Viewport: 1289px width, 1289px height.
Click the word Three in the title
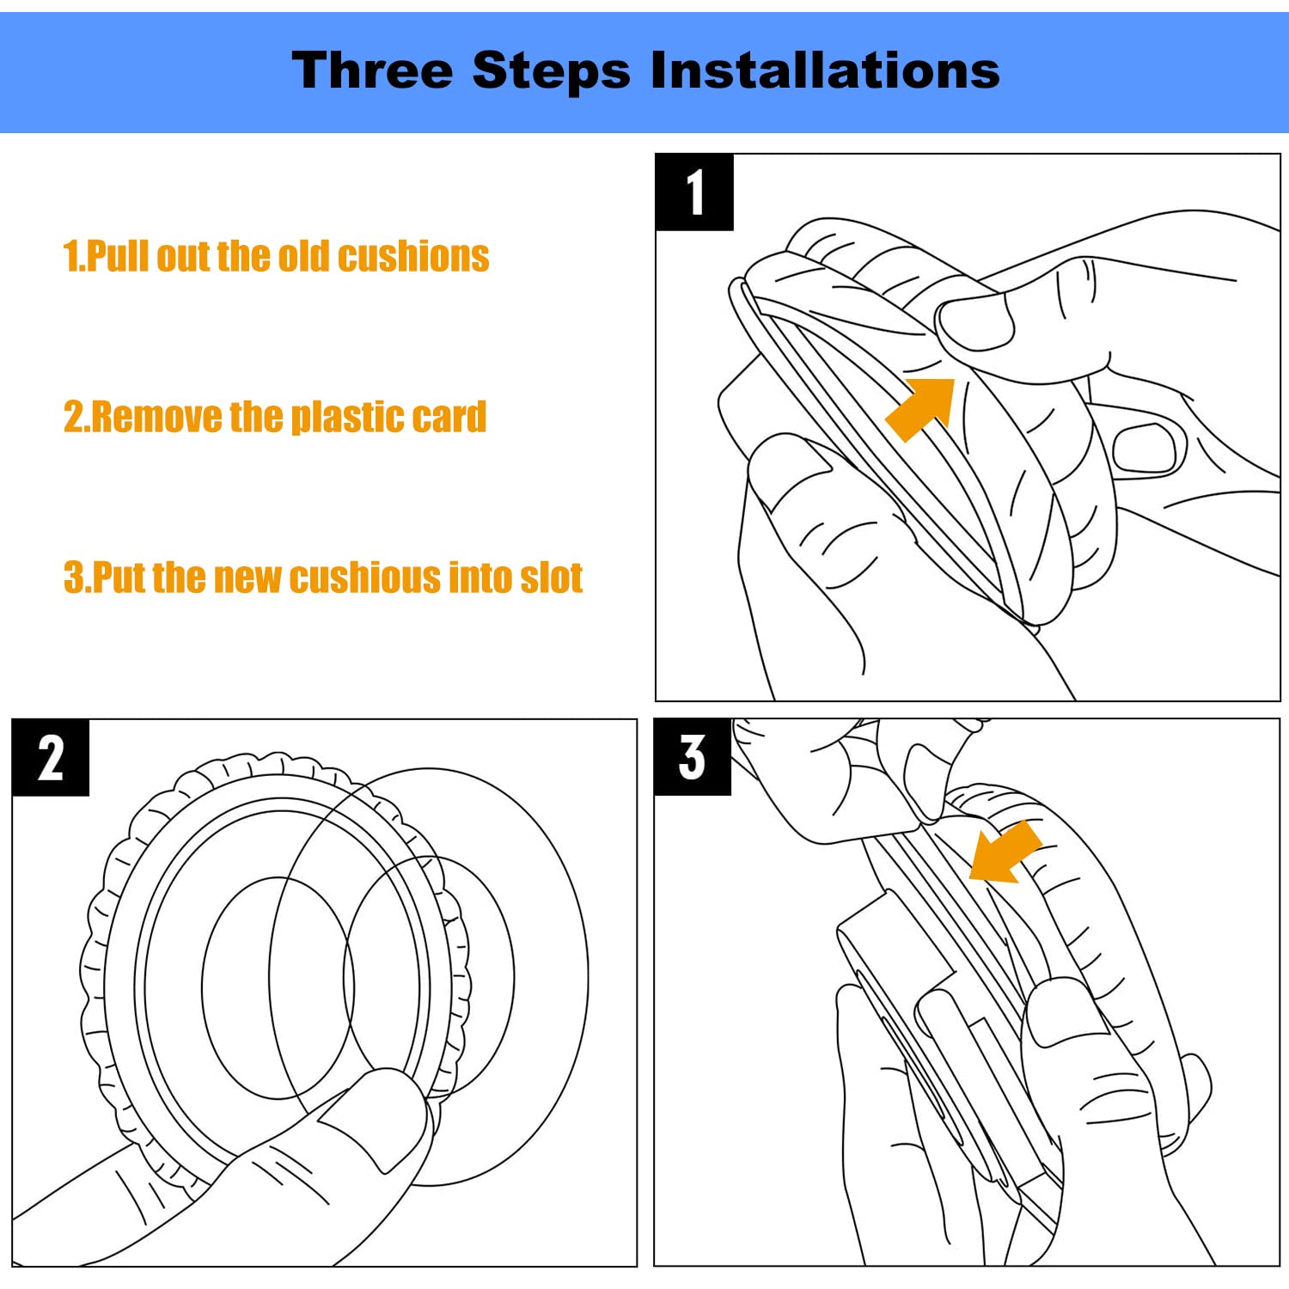372,70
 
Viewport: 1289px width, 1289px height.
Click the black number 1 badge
694,192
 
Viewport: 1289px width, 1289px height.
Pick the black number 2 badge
51,757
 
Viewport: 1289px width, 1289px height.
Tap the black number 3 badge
693,757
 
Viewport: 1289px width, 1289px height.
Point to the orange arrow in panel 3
1005,852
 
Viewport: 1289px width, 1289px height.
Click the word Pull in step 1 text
118,256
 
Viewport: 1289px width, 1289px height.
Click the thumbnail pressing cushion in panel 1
975,322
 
